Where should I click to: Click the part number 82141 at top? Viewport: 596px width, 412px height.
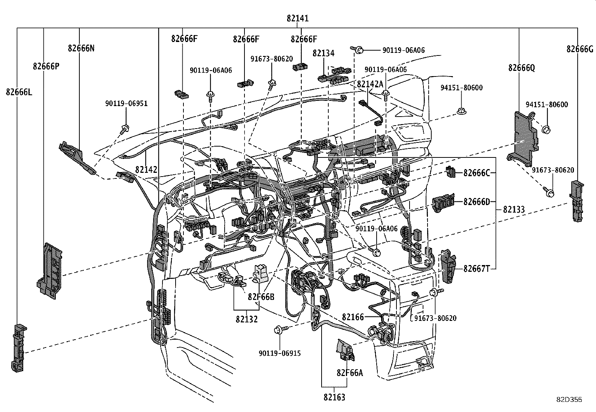point(298,18)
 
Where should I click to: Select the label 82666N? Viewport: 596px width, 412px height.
point(81,48)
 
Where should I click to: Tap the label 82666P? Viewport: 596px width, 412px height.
point(46,66)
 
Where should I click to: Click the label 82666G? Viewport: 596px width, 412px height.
point(580,49)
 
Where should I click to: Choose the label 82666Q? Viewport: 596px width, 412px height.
point(521,68)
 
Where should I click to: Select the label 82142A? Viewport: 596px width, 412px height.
point(370,84)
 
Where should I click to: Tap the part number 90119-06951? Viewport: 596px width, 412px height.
point(126,103)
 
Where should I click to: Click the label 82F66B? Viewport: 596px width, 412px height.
point(261,297)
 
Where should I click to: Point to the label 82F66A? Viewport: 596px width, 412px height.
point(350,373)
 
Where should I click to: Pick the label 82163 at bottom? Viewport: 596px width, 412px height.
point(334,397)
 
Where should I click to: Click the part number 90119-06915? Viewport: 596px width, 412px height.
point(279,353)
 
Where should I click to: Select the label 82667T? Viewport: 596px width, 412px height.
point(477,268)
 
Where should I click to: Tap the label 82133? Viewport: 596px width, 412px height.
point(514,210)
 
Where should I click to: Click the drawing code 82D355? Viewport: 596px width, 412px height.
point(569,400)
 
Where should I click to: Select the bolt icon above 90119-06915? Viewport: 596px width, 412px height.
point(280,329)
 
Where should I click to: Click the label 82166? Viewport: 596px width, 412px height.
point(353,317)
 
